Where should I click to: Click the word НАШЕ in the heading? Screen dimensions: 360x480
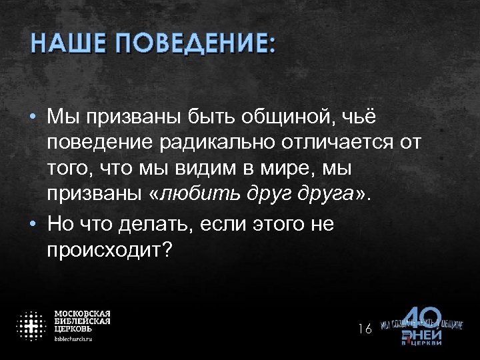coord(66,45)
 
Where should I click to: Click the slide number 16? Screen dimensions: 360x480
coord(364,328)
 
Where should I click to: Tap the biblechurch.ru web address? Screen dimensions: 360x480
coord(73,339)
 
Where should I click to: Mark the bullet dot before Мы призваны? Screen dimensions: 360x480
coord(32,117)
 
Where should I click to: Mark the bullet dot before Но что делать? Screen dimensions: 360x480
coord(32,225)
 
